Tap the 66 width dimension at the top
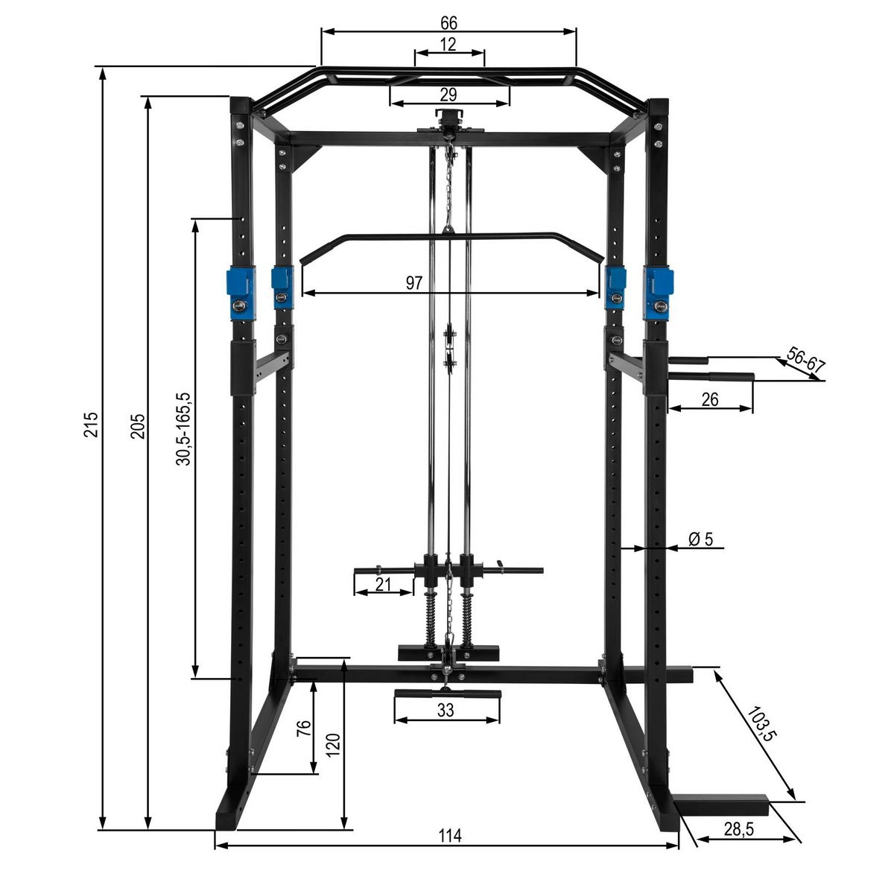[x=448, y=22]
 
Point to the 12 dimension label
[x=448, y=45]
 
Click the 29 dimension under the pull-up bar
[x=448, y=95]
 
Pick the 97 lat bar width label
[x=414, y=283]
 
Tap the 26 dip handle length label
[x=709, y=399]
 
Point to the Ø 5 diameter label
[x=701, y=539]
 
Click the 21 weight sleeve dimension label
[x=383, y=585]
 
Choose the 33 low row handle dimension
[x=446, y=711]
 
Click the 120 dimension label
[x=333, y=744]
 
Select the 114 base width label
[x=449, y=836]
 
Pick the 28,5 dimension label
[x=736, y=828]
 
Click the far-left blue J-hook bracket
[x=241, y=294]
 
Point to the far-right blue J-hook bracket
[x=659, y=292]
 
